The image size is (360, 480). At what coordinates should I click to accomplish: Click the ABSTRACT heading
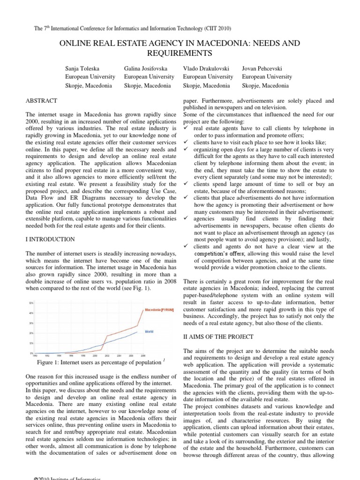pyautogui.click(x=42, y=101)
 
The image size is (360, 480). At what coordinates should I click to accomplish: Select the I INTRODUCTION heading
pyautogui.click(x=50, y=240)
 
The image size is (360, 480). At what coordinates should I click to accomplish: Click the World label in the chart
pyautogui.click(x=149, y=331)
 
